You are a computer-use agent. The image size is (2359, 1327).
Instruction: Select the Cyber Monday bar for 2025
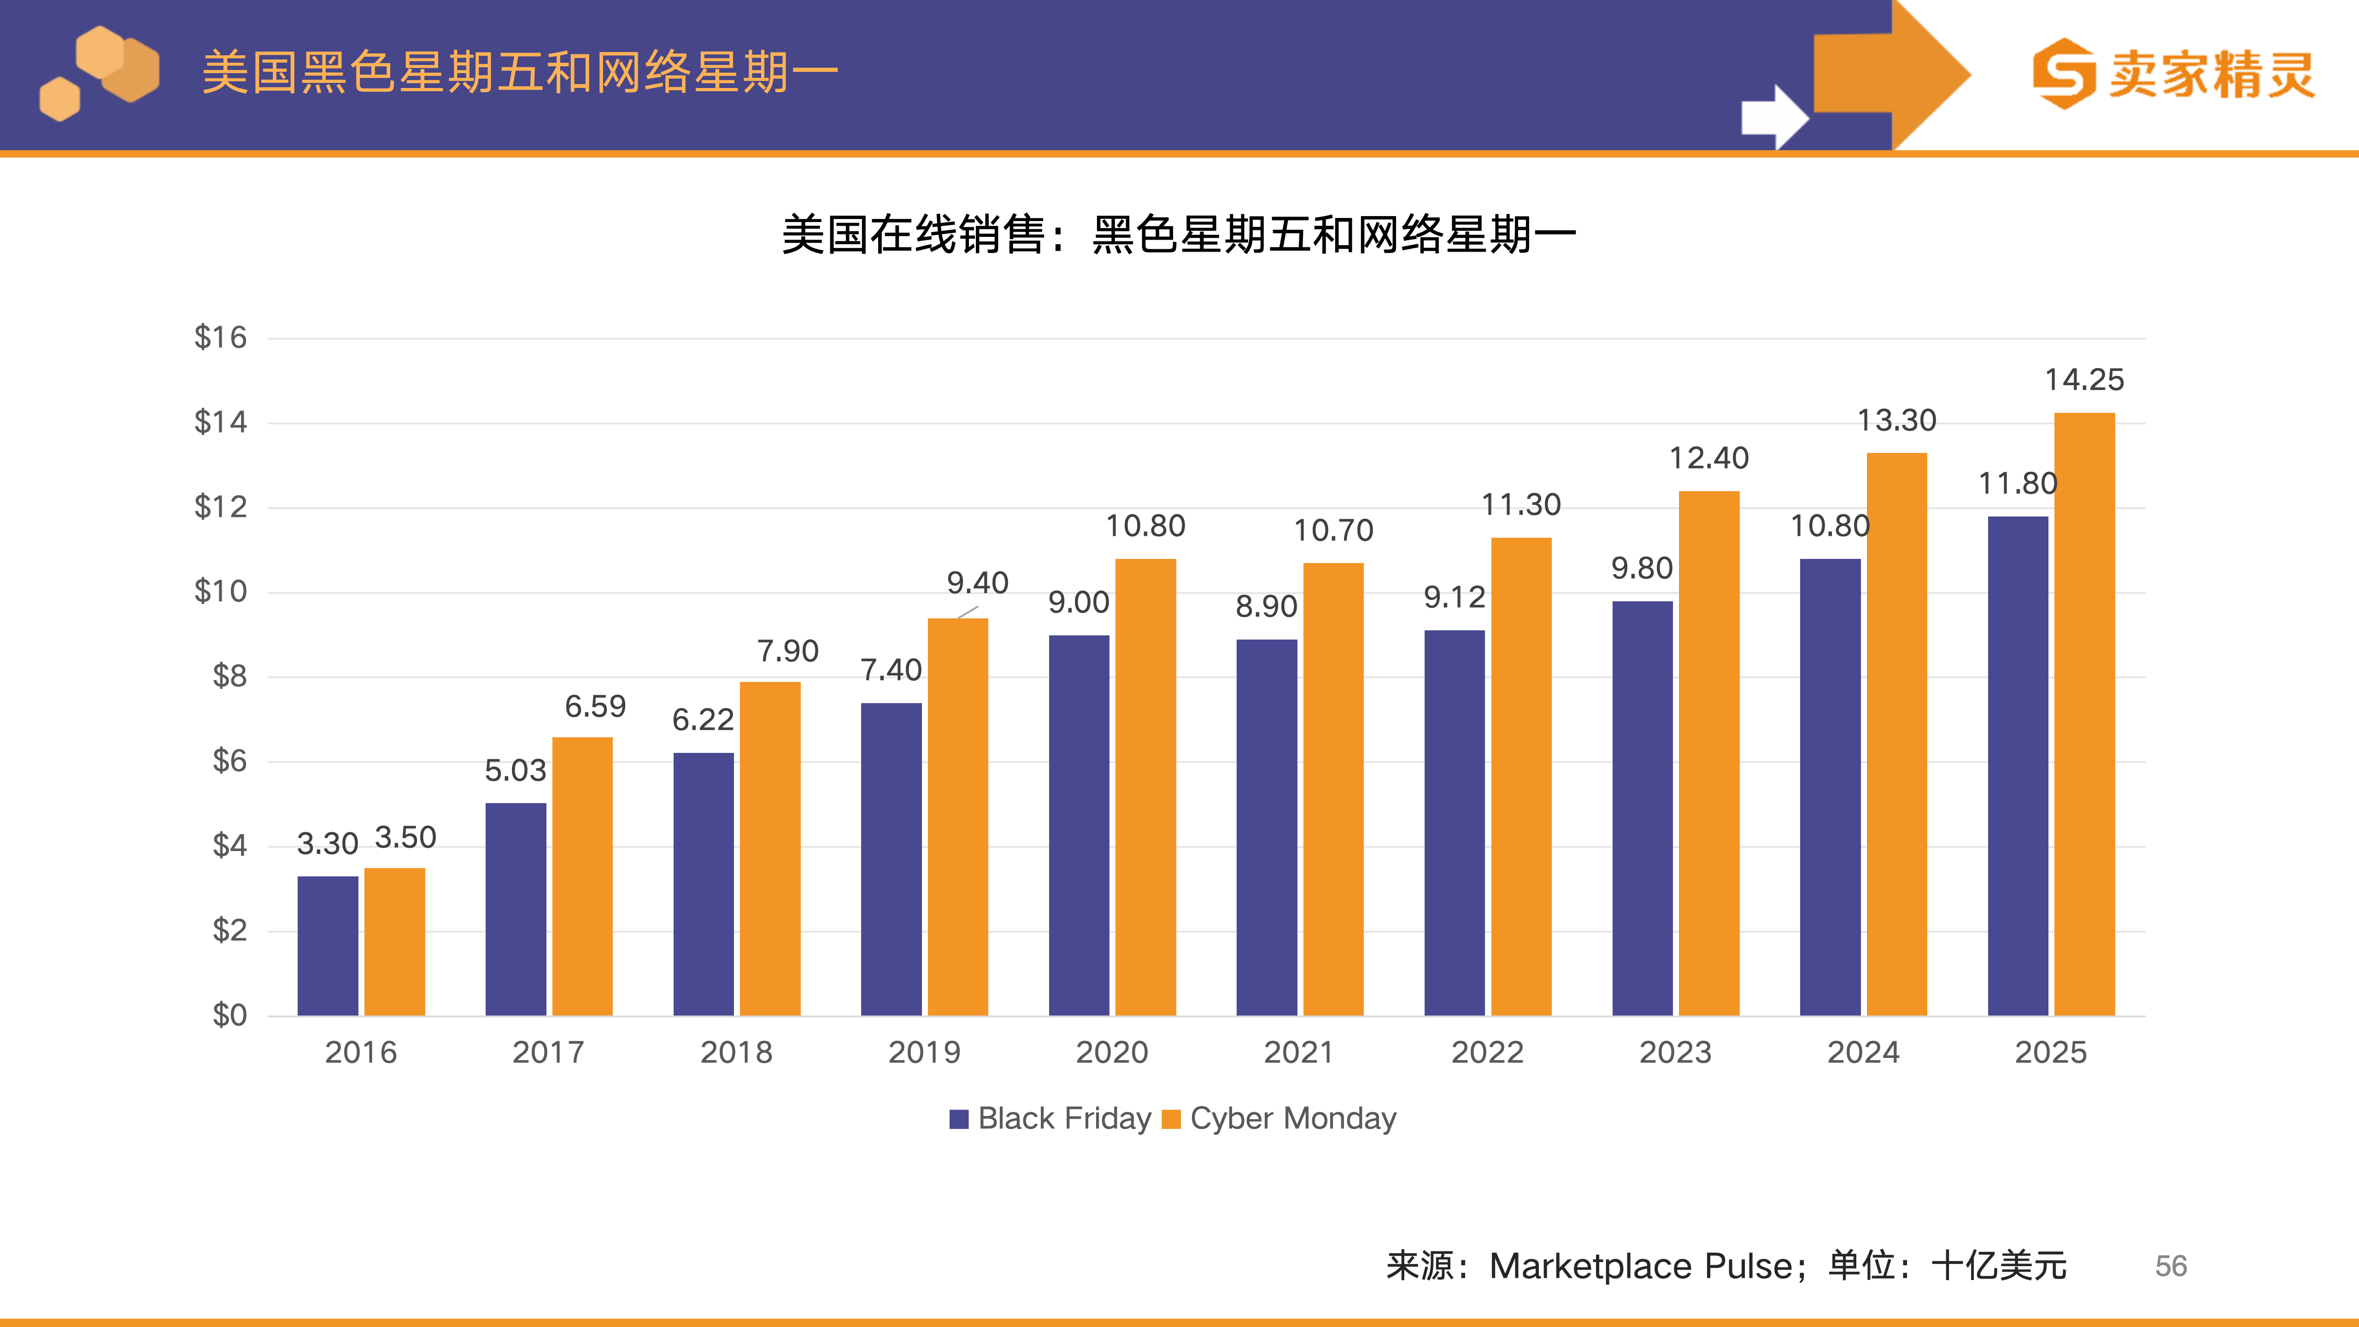pos(2084,714)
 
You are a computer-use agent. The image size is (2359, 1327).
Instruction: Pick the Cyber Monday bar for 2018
pos(770,848)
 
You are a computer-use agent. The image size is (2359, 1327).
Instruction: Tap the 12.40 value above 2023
pos(1709,458)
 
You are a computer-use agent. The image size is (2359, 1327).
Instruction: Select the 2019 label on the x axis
pos(924,1052)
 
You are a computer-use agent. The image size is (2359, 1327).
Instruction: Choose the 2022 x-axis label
pos(1487,1052)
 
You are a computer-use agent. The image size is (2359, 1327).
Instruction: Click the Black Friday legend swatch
pos(959,1119)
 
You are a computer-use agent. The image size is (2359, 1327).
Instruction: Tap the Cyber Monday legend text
pos(1293,1118)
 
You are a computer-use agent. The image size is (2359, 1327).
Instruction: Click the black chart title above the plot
pos(1179,235)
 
